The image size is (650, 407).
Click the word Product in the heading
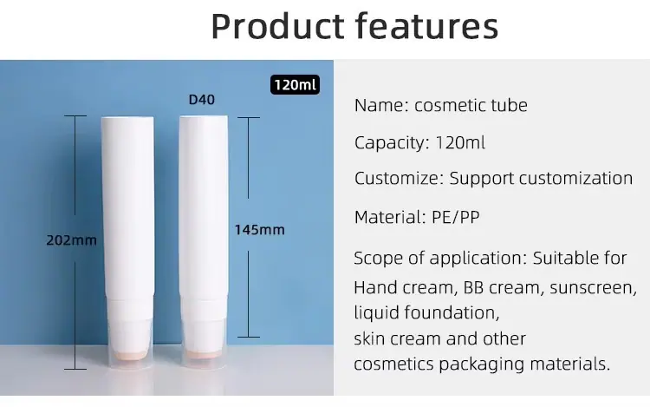[x=277, y=26]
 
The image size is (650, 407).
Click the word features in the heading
[x=427, y=26]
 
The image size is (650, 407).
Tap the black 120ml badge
[x=296, y=85]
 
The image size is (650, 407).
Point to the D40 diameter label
[x=202, y=100]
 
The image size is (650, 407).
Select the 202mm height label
[x=71, y=240]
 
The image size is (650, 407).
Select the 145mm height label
[x=259, y=229]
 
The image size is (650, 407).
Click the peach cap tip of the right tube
[x=202, y=353]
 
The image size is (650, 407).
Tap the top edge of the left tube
[x=127, y=118]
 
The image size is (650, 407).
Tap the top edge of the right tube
[x=204, y=117]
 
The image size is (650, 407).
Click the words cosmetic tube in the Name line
[x=471, y=105]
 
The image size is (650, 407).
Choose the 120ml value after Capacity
[x=460, y=142]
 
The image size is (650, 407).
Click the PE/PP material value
[x=456, y=217]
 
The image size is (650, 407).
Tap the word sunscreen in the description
[x=593, y=287]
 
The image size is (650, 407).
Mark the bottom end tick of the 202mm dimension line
[x=75, y=369]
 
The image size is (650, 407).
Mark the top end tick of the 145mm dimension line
[x=249, y=117]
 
